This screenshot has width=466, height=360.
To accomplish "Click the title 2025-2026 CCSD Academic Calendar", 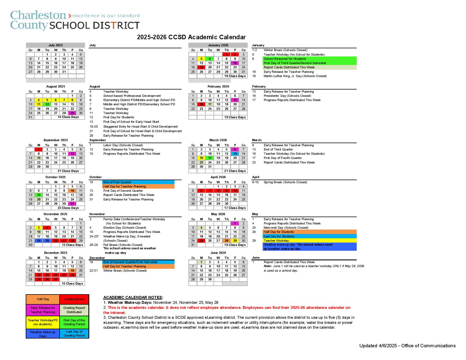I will [191, 37].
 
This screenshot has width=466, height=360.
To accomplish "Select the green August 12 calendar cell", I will [47, 104].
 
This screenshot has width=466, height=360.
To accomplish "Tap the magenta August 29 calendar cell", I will [72, 113].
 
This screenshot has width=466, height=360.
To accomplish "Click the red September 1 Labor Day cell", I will [39, 150].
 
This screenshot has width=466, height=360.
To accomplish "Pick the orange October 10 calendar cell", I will [72, 191].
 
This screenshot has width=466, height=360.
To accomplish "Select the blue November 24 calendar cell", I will [39, 241].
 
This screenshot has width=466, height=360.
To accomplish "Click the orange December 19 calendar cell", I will [72, 270].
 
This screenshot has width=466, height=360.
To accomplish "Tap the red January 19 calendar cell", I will [201, 67].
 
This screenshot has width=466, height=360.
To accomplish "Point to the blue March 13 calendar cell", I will [235, 154].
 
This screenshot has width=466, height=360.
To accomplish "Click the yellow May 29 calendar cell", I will [235, 241].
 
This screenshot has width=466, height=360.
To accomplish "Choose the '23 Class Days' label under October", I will [68, 208].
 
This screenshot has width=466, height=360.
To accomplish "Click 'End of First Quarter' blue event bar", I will [138, 182].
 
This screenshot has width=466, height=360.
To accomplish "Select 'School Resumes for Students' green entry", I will [309, 59].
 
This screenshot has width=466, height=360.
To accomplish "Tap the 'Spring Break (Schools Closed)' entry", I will [285, 182].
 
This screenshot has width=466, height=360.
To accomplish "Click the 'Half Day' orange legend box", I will [43, 299].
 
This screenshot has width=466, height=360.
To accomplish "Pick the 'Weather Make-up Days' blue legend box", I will [43, 334].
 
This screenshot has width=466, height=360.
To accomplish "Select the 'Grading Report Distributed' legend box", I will [74, 310].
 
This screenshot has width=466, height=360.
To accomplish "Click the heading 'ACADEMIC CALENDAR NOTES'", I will [133, 297].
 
